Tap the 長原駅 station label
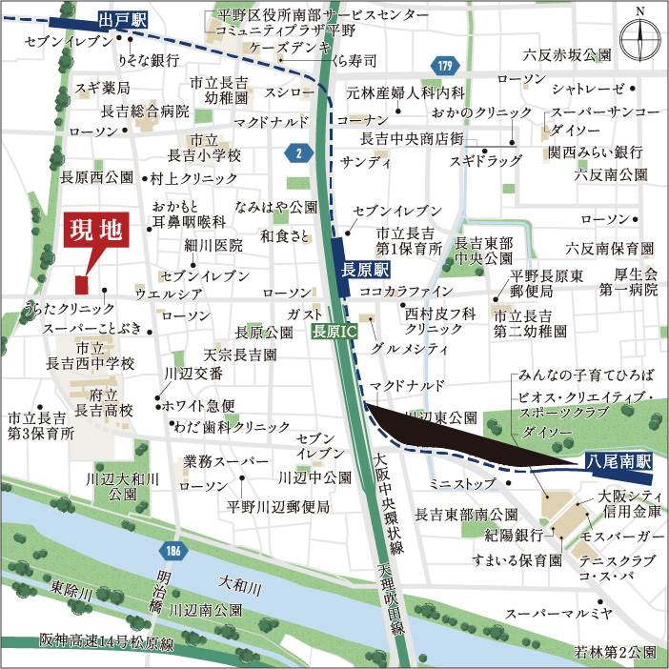point(360,270)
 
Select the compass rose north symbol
point(639,38)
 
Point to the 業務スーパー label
point(219,461)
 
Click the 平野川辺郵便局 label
point(278,507)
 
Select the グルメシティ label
point(413,349)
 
